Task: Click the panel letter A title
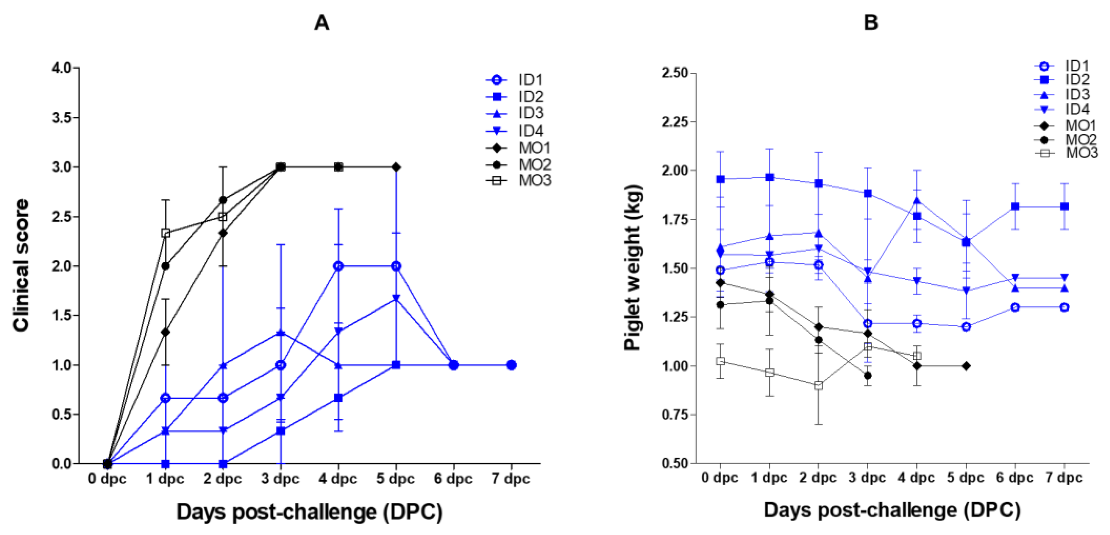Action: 321,22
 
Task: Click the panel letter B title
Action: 871,22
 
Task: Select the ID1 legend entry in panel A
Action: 530,80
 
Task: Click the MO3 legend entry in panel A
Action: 534,180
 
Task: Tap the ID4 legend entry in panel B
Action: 1077,109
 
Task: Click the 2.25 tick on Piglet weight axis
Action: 675,122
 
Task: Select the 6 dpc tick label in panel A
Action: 453,479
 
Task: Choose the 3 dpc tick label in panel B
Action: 867,478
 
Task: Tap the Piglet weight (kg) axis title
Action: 633,267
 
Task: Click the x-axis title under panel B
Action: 892,510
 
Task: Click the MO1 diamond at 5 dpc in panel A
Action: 396,167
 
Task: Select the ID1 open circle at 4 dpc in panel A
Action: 339,266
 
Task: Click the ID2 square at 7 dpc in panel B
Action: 1064,207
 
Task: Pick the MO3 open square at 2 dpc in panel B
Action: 819,385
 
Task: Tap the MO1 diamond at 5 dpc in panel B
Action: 966,366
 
